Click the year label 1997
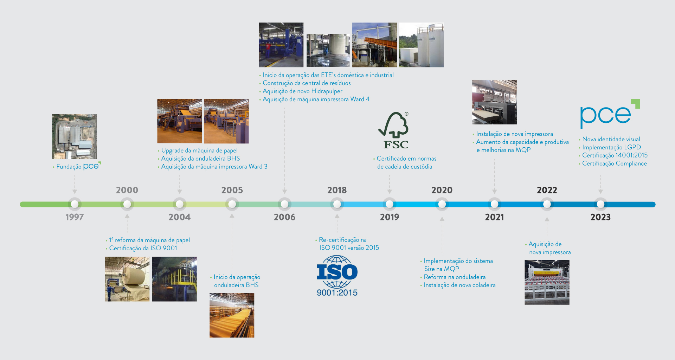(x=75, y=217)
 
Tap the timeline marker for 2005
(x=232, y=204)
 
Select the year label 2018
(x=337, y=190)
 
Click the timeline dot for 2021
(x=494, y=204)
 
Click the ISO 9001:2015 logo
(x=337, y=276)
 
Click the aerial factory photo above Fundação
(x=75, y=136)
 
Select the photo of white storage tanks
(x=421, y=45)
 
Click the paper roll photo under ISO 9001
(x=127, y=279)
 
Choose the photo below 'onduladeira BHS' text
(x=232, y=315)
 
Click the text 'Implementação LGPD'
(x=611, y=147)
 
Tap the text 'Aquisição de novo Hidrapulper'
(x=302, y=91)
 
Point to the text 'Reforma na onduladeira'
(x=455, y=277)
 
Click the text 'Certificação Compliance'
(x=615, y=163)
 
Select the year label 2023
(x=600, y=217)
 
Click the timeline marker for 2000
(x=127, y=204)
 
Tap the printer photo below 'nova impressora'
(x=547, y=282)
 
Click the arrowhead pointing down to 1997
(x=75, y=192)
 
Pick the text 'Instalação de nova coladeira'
(x=459, y=285)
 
